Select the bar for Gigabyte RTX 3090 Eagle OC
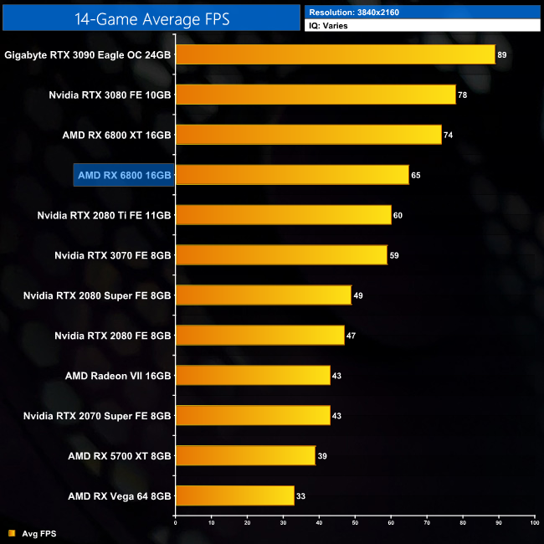click(x=335, y=54)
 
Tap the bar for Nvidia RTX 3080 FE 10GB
click(x=316, y=95)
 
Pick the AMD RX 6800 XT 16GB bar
click(x=308, y=135)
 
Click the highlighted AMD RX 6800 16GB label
click(x=124, y=175)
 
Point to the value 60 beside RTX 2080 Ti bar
click(x=398, y=215)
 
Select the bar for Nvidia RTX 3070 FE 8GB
click(x=281, y=255)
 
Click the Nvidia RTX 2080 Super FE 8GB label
click(x=97, y=295)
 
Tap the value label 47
click(x=352, y=336)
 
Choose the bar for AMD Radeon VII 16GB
click(x=253, y=376)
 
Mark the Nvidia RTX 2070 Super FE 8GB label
click(x=97, y=416)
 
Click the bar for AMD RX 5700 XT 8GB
click(x=245, y=456)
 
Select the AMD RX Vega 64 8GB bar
click(x=234, y=496)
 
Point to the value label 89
click(x=502, y=54)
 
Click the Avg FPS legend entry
click(x=36, y=533)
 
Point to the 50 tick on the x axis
click(x=355, y=523)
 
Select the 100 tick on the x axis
click(x=533, y=523)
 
